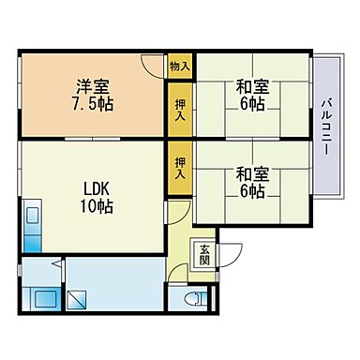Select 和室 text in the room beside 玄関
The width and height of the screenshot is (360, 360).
tap(249, 172)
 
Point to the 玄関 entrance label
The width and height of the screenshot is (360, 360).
tap(204, 254)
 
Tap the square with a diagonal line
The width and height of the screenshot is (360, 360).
tap(78, 301)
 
